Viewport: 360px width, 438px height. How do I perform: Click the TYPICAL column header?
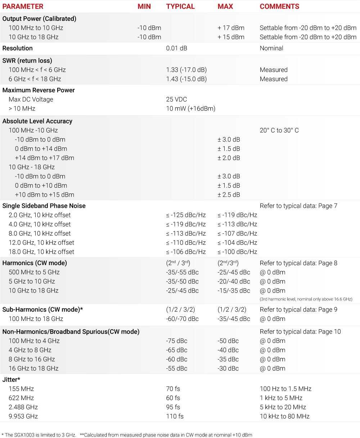tap(180, 6)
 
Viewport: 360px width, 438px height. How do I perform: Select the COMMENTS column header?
tap(279, 6)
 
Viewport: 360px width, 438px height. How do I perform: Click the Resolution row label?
tap(17, 48)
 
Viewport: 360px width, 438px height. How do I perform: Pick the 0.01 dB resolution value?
tap(176, 48)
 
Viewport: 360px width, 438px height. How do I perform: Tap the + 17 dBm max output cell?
tap(231, 28)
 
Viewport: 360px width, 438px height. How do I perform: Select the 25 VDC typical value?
tap(176, 99)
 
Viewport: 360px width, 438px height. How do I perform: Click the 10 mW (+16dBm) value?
tap(190, 108)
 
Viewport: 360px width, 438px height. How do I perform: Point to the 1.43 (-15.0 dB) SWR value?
tap(186, 79)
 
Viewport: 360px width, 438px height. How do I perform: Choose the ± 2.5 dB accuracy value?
tap(229, 195)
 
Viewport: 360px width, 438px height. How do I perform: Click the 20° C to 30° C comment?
tap(279, 130)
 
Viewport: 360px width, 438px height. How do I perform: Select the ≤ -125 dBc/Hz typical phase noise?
tap(186, 215)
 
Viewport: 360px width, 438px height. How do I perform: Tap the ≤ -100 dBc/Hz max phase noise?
tap(237, 252)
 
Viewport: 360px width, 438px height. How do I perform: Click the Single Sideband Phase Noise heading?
tap(44, 206)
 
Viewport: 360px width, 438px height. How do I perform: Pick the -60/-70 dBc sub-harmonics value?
tap(182, 319)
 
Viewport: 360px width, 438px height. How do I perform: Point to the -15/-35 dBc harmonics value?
tap(234, 291)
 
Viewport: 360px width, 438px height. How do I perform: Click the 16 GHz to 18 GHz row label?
tap(33, 368)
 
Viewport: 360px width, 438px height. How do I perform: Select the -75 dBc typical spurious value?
tap(176, 341)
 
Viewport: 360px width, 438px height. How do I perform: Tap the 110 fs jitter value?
tap(175, 416)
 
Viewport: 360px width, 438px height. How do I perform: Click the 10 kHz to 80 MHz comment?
tap(284, 416)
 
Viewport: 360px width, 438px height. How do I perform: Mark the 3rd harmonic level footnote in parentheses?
tap(306, 299)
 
